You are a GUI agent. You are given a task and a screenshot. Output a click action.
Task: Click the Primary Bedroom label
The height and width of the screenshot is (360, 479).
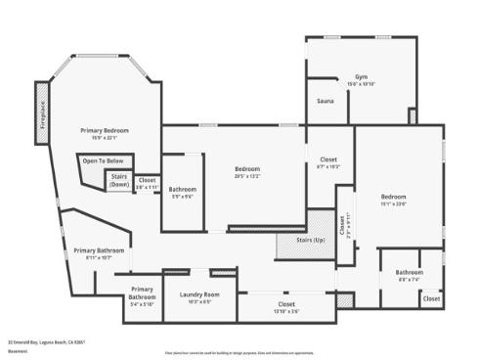click(104, 133)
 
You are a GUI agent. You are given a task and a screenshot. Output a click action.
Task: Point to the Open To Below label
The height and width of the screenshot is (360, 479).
click(103, 160)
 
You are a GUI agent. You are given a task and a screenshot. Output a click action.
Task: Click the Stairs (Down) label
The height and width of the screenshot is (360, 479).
click(119, 181)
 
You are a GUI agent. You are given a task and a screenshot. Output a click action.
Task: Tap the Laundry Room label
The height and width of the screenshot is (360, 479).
click(198, 296)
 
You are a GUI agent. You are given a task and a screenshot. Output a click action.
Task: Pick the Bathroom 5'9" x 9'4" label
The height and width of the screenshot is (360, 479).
click(183, 192)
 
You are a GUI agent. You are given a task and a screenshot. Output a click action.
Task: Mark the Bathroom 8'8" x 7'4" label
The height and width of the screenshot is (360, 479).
click(409, 275)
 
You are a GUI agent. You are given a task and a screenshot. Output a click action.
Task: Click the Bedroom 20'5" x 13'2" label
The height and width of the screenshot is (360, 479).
click(255, 172)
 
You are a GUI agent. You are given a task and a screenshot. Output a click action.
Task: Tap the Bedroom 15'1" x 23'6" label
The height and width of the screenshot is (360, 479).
click(392, 201)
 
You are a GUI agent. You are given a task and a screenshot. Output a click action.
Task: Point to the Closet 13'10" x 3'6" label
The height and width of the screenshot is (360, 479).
click(286, 307)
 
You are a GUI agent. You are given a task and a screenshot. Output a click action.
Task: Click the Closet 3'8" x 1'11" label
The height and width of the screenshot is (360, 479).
click(147, 182)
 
